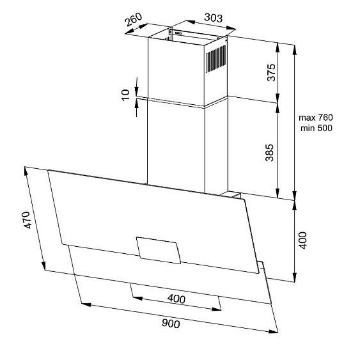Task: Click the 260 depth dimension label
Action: [x=134, y=20]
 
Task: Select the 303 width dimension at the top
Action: [x=214, y=18]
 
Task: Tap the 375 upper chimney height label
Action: [x=271, y=72]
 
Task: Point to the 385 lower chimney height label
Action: [x=270, y=153]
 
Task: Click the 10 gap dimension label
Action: [x=125, y=95]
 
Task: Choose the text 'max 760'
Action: [x=316, y=118]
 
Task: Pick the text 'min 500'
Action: [x=317, y=128]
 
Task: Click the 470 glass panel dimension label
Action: [x=27, y=220]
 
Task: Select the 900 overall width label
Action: [x=171, y=324]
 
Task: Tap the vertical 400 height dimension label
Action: [x=303, y=240]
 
